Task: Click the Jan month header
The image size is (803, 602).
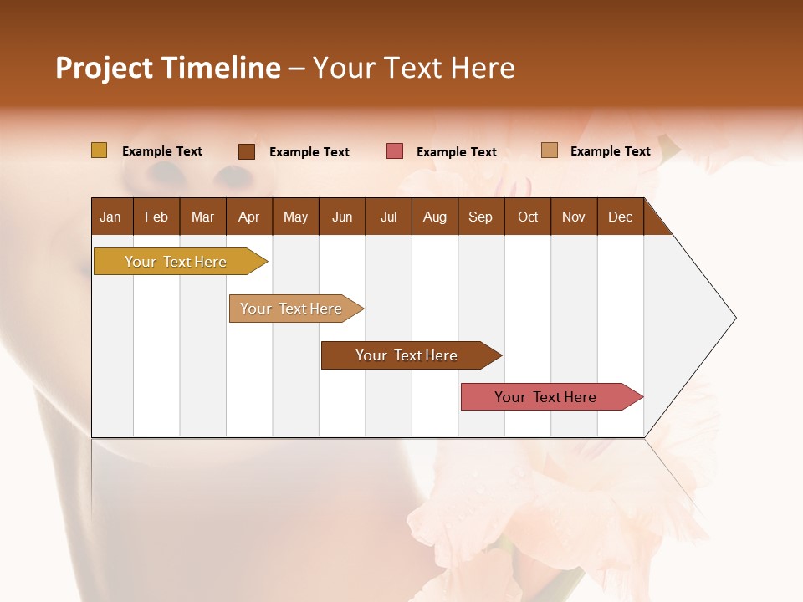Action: pos(110,217)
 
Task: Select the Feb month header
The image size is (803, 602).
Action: pos(156,217)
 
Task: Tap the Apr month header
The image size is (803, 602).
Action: pos(248,217)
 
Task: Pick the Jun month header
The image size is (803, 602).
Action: pos(342,217)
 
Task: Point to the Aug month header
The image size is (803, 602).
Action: pos(434,217)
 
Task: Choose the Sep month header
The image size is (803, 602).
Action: pos(480,217)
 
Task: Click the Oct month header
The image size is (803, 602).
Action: pos(528,217)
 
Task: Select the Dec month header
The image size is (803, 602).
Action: pos(620,217)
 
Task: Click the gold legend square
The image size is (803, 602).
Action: pos(99,150)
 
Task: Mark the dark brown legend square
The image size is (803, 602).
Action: pos(247,151)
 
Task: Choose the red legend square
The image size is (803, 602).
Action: pos(395,151)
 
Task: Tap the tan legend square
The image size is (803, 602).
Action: pos(550,150)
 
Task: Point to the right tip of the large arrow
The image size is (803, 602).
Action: pos(734,318)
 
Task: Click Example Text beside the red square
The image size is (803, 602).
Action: pos(456,152)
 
